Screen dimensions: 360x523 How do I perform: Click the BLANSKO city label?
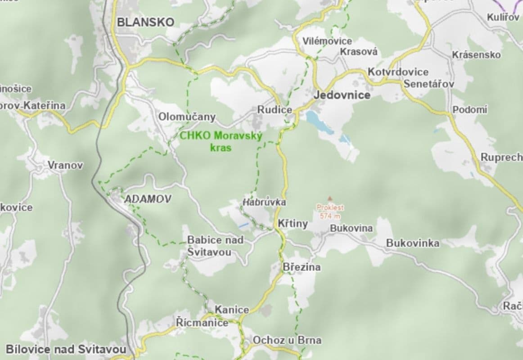[x=145, y=22]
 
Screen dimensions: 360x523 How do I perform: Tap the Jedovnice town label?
[x=342, y=95]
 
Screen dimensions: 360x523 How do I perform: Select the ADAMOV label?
[x=148, y=199]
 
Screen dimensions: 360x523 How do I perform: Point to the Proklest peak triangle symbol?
[x=330, y=198]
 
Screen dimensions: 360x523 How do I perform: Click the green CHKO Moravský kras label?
[x=221, y=141]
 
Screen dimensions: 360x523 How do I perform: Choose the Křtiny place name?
[x=293, y=224]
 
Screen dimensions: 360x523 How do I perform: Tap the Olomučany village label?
[x=187, y=117]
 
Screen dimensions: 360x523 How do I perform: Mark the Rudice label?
[x=275, y=109]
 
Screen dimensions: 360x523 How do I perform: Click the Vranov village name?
[x=66, y=165]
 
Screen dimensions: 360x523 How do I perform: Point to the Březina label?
[x=302, y=267]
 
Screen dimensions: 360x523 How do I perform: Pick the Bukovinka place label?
[x=413, y=243]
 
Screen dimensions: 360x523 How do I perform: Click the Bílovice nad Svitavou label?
[x=66, y=349]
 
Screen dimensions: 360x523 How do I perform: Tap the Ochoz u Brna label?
[x=287, y=340]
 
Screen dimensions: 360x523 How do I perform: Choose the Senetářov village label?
[x=429, y=84]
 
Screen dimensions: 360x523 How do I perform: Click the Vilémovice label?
[x=321, y=41]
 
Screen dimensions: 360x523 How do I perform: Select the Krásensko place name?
[x=476, y=55]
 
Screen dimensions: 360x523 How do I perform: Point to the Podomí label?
[x=470, y=110]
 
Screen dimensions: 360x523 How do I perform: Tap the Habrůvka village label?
[x=264, y=202]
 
